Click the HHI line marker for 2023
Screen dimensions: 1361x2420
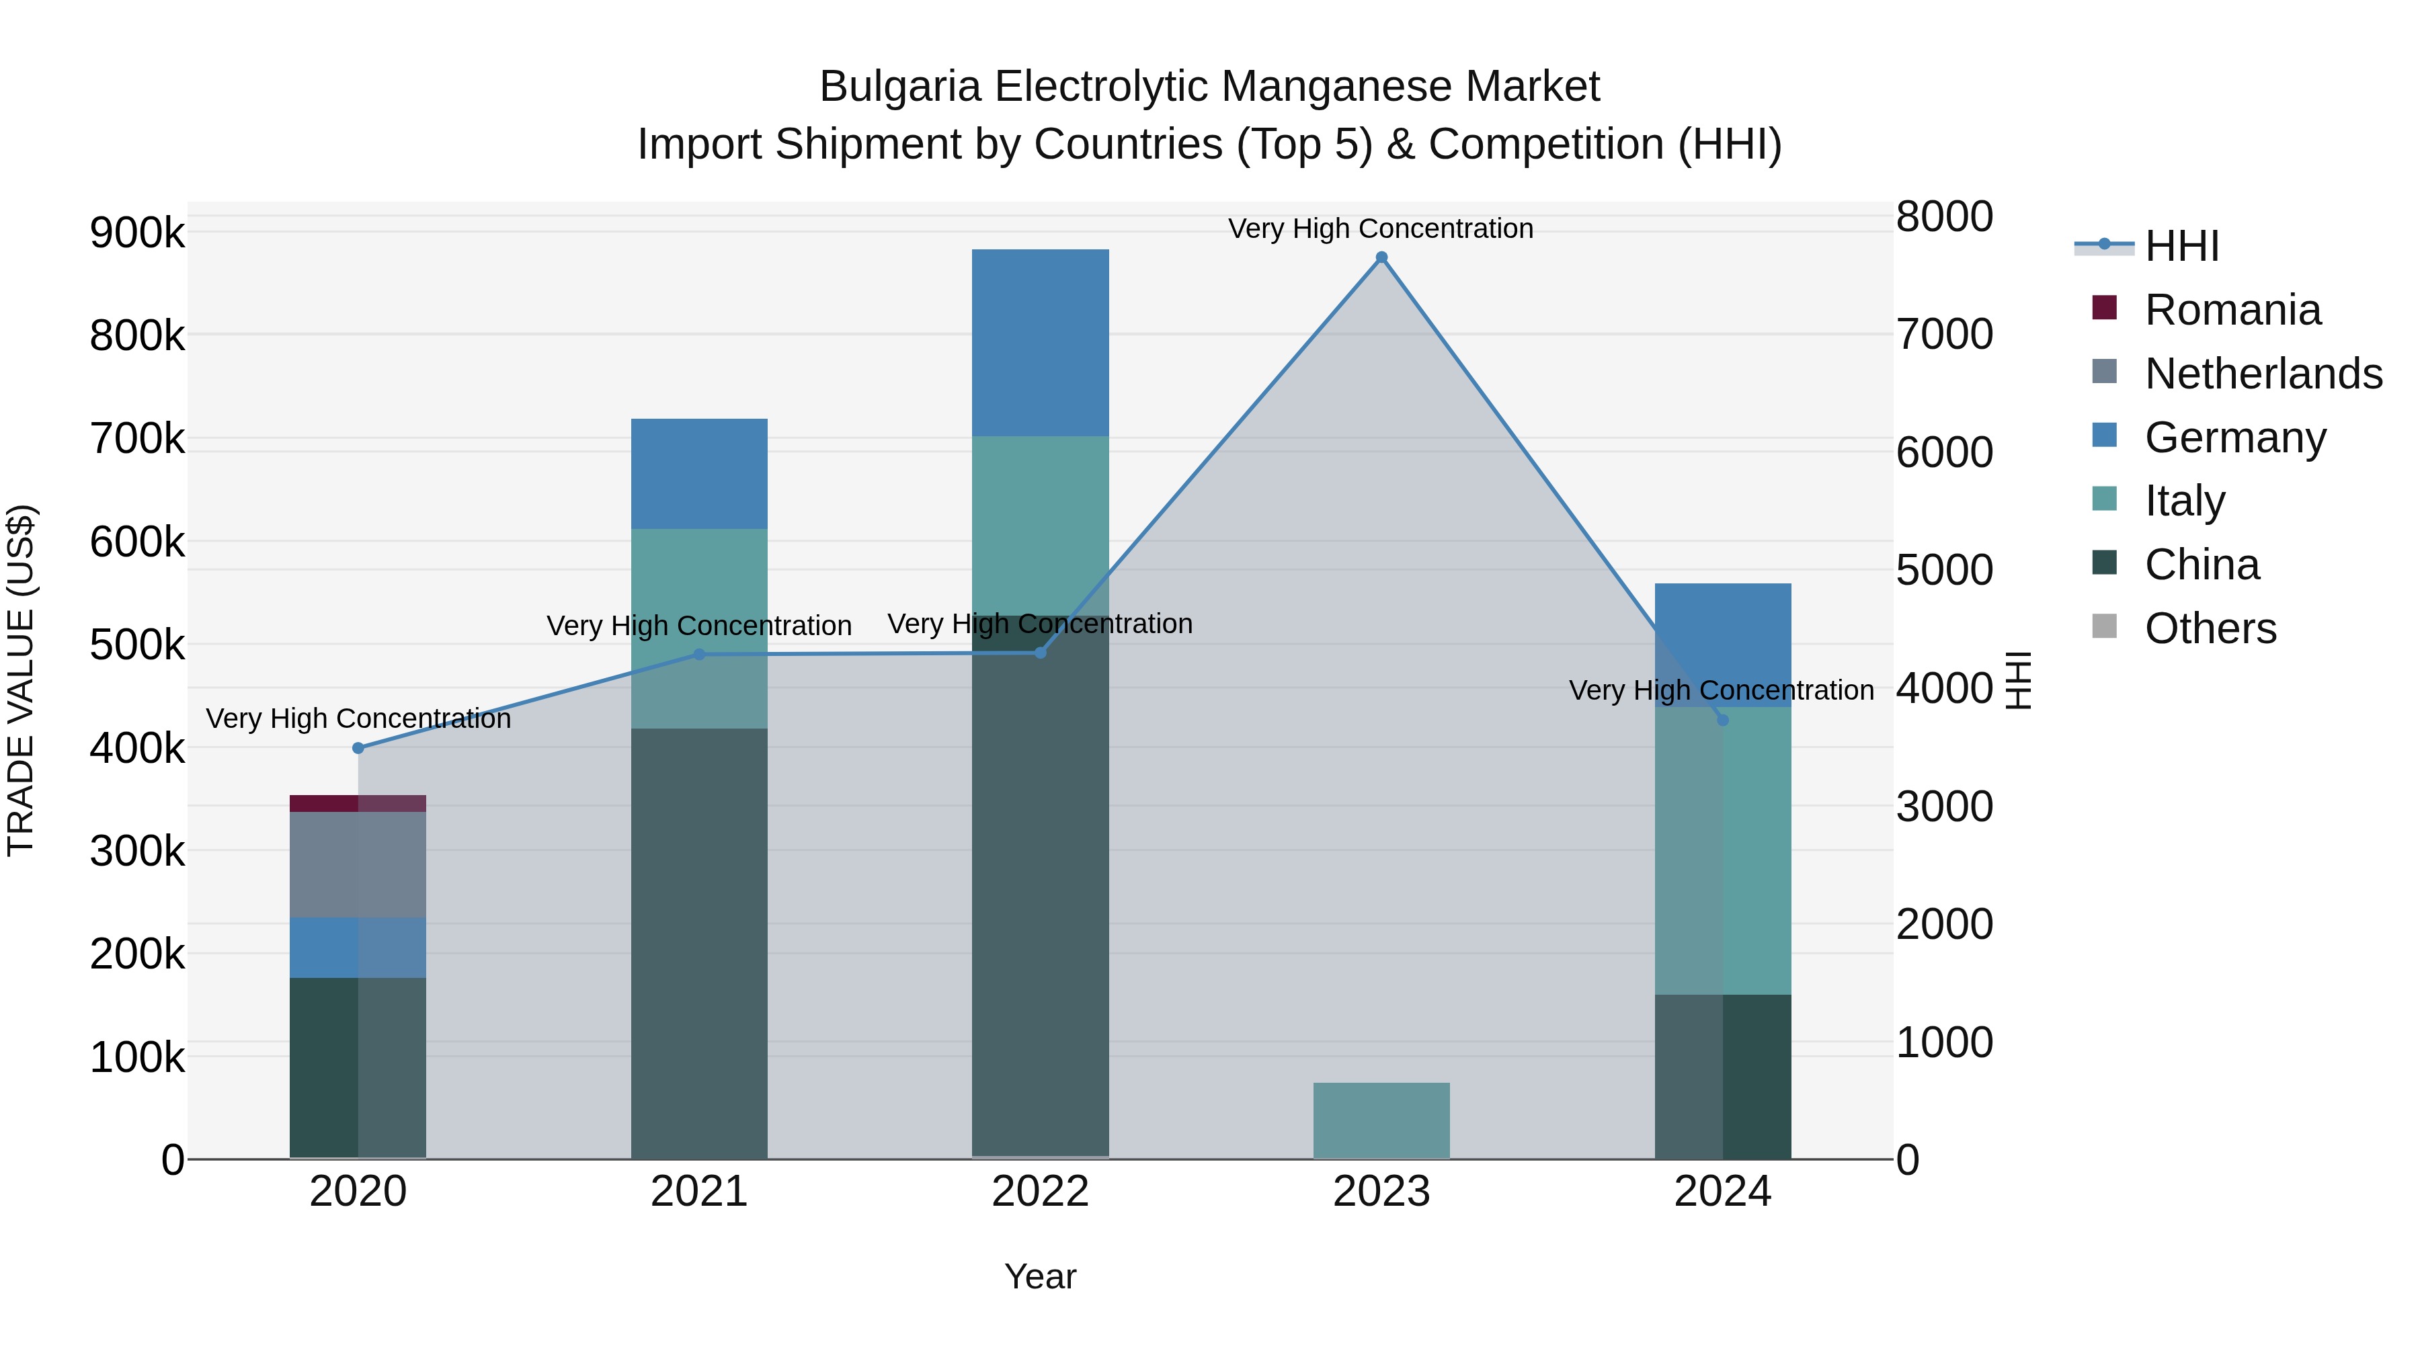[1381, 257]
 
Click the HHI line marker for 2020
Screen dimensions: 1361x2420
[358, 747]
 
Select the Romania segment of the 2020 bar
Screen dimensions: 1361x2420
[357, 803]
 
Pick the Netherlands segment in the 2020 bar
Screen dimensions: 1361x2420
[357, 864]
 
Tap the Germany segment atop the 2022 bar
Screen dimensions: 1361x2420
[1040, 342]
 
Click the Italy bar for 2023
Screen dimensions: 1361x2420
[1381, 1120]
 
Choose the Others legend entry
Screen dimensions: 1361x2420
[2210, 628]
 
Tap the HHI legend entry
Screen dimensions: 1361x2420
[2181, 246]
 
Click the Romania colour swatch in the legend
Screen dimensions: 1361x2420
[2104, 308]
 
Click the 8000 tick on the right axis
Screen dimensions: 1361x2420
[1943, 217]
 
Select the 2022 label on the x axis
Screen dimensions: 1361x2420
[1040, 1192]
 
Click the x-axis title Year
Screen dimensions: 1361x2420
[1040, 1276]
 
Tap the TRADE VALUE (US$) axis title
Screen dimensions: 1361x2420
[21, 680]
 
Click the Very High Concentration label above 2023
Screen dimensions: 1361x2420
[1380, 229]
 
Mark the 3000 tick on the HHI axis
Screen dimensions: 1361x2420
[1943, 807]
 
